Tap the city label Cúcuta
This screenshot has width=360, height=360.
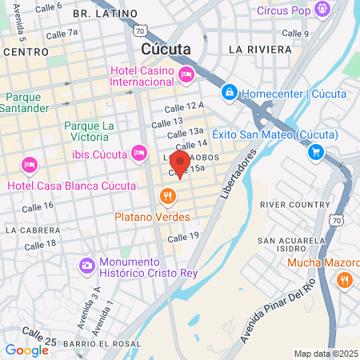point(166,49)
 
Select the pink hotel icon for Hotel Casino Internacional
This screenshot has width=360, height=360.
point(186,74)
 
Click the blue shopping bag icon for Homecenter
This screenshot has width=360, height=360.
point(230,93)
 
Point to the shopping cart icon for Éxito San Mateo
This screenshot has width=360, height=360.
point(317,151)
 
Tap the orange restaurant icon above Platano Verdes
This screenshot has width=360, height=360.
point(167,196)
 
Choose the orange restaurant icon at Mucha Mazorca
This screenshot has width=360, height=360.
point(345,279)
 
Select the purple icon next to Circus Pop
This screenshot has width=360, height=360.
point(322,10)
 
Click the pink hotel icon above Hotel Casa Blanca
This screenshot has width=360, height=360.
point(30,166)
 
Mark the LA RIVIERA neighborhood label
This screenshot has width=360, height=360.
point(260,49)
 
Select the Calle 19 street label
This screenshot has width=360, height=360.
point(182,236)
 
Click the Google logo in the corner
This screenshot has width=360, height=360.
point(26,350)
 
